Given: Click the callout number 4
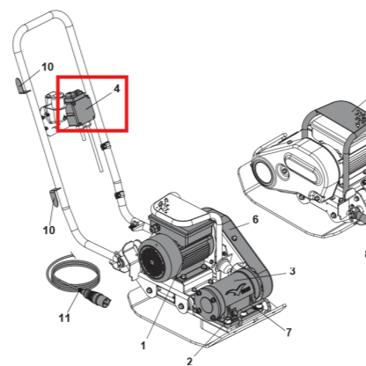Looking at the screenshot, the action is click(117, 88).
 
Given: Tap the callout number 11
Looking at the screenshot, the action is click(64, 318).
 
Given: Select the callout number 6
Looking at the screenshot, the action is click(255, 219).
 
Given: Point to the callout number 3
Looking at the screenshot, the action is click(292, 271).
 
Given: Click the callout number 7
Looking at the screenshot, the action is click(289, 333).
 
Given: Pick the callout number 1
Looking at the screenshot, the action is click(143, 346).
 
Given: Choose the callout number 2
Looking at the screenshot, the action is click(189, 361).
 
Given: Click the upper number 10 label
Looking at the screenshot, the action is click(48, 67).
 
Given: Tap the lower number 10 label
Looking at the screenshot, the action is click(49, 230).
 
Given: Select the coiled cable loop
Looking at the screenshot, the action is click(73, 273).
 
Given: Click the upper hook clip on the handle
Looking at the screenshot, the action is click(20, 86).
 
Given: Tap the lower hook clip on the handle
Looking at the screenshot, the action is click(55, 196).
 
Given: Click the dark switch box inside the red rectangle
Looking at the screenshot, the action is click(79, 108).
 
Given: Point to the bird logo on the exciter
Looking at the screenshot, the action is click(236, 291).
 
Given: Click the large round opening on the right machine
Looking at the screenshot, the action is click(262, 172).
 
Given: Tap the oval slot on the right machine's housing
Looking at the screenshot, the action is click(302, 168).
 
